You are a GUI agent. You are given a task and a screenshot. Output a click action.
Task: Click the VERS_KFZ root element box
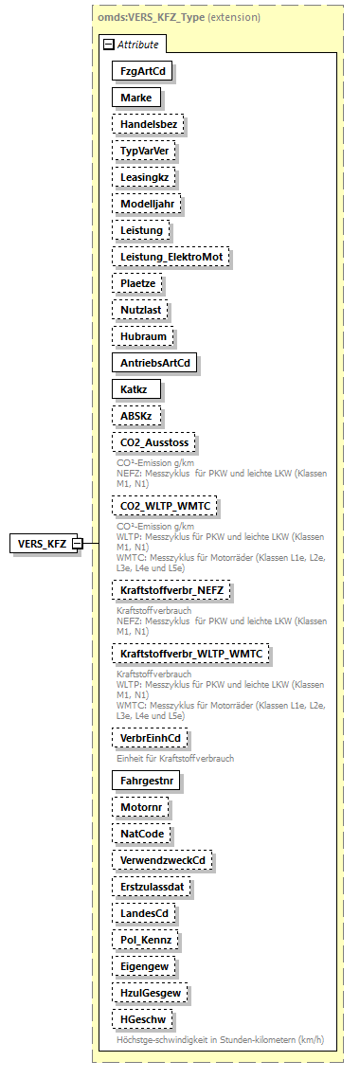coord(42,543)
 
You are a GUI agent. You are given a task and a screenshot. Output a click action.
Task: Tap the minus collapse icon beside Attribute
coord(109,45)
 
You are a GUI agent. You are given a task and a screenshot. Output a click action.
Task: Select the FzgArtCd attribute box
coord(135,71)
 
